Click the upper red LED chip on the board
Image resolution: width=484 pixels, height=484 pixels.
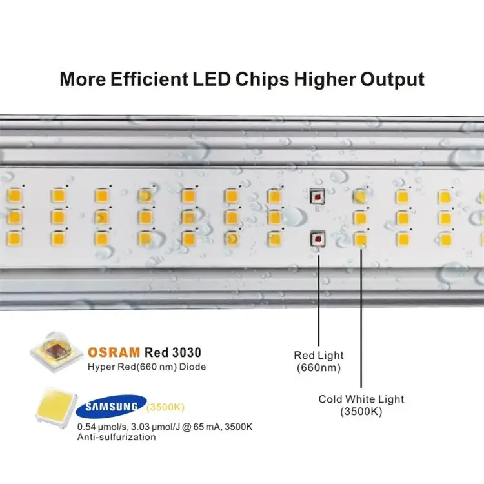pyautogui.click(x=317, y=197)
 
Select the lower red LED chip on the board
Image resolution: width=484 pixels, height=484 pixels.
pyautogui.click(x=317, y=239)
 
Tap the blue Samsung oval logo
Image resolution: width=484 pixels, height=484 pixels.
pyautogui.click(x=109, y=407)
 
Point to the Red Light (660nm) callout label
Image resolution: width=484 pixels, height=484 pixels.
pyautogui.click(x=319, y=361)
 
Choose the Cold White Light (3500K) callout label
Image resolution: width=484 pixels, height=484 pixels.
pyautogui.click(x=361, y=405)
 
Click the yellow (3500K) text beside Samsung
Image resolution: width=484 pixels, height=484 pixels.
pyautogui.click(x=166, y=407)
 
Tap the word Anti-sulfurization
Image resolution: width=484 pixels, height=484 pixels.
pyautogui.click(x=116, y=437)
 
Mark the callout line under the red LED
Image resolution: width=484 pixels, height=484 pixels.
pyautogui.click(x=317, y=297)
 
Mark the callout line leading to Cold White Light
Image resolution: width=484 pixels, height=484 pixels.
pyautogui.click(x=361, y=316)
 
